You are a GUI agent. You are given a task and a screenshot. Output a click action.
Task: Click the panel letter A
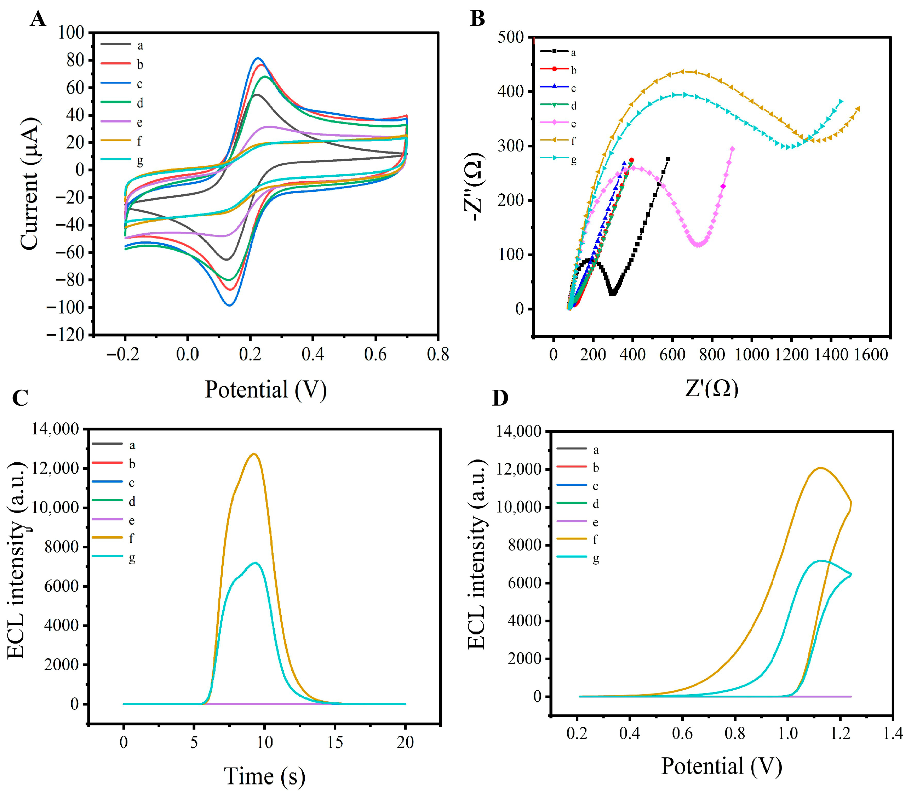(x=38, y=19)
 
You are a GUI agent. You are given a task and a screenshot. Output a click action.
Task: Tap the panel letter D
(x=500, y=398)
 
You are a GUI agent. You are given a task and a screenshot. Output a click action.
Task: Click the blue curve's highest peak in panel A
(x=258, y=58)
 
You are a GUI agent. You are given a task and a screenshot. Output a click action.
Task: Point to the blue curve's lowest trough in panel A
(x=230, y=306)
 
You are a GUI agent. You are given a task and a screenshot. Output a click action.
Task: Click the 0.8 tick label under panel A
(x=438, y=354)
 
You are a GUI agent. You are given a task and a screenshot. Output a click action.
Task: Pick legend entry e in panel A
(x=139, y=122)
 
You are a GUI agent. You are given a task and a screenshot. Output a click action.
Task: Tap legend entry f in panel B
(x=573, y=141)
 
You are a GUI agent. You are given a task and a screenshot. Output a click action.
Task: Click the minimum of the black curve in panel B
(x=613, y=294)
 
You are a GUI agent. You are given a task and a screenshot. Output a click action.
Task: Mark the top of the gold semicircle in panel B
(x=683, y=72)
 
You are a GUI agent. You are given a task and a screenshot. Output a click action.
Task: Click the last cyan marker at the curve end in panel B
(x=841, y=102)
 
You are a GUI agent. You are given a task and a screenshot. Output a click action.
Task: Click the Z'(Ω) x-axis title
(x=712, y=388)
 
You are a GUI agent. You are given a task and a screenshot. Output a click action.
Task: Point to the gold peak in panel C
(x=254, y=454)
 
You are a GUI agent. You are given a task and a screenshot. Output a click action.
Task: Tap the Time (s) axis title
(x=264, y=776)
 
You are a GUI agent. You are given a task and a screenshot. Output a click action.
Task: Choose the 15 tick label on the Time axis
(x=335, y=742)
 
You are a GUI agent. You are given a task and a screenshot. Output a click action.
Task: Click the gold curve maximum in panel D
(x=820, y=468)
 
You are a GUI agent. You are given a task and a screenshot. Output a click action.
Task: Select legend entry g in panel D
(x=595, y=558)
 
